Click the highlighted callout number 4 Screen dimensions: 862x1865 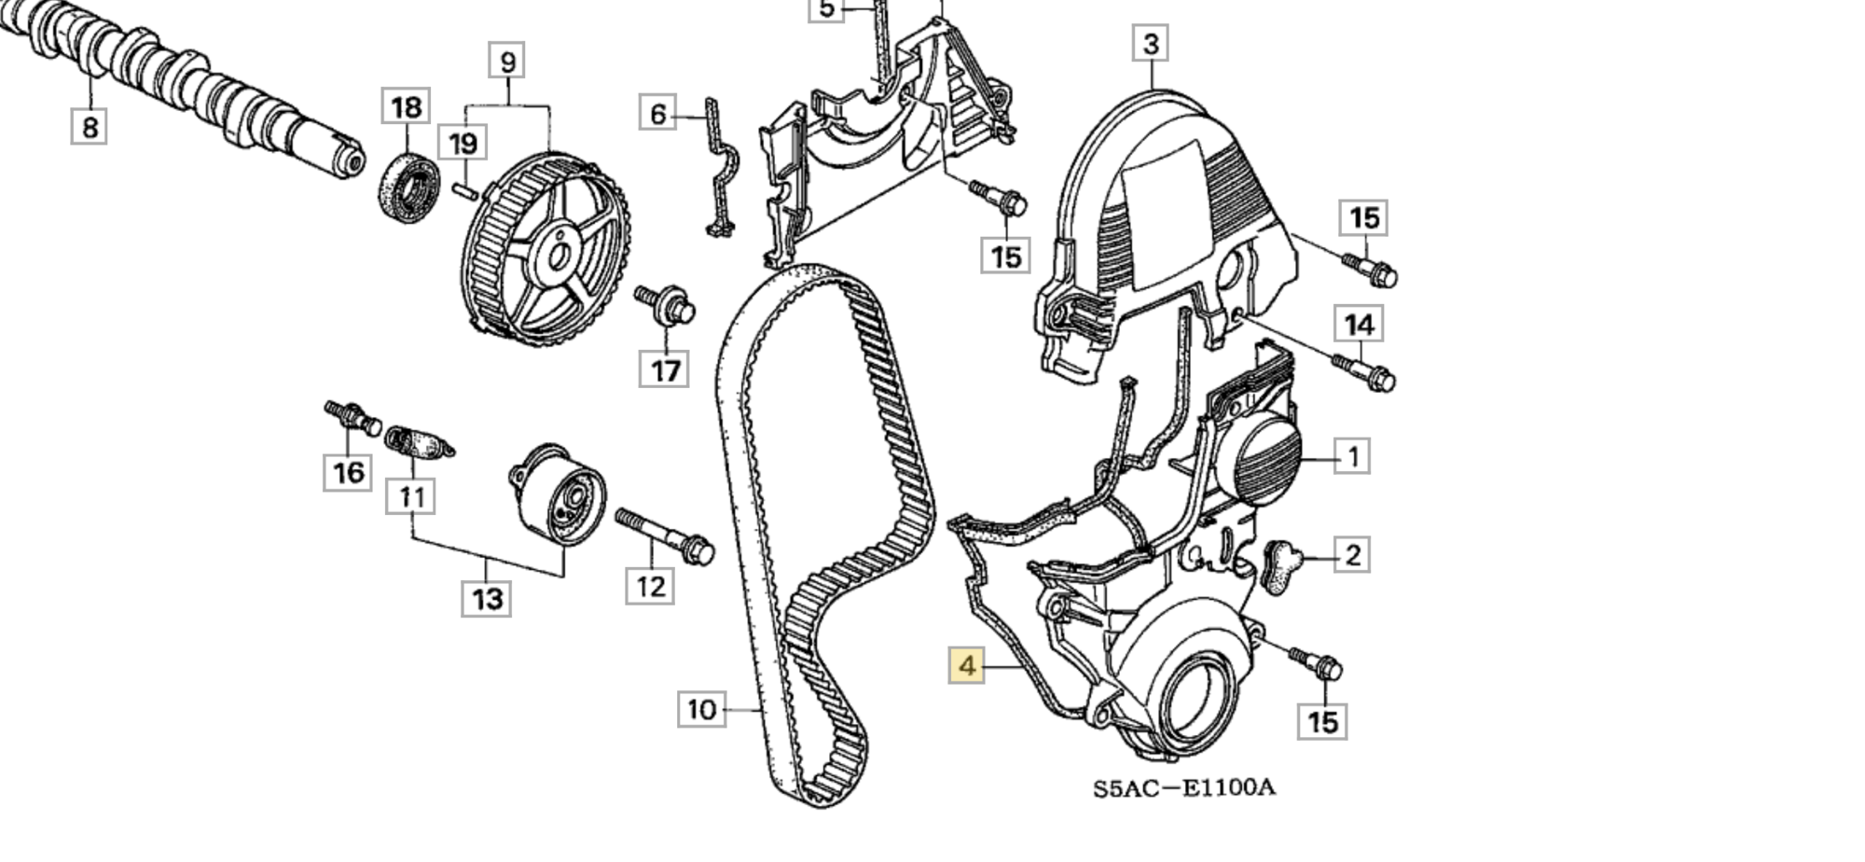point(966,666)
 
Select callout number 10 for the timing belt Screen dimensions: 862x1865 point(701,710)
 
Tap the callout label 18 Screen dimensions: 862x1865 point(406,107)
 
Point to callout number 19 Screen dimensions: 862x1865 point(463,144)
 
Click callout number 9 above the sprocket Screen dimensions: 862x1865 point(507,62)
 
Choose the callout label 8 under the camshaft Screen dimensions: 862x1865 point(90,126)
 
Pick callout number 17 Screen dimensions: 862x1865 point(665,369)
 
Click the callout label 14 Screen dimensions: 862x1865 point(1359,325)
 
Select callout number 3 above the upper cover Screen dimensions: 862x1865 point(1151,44)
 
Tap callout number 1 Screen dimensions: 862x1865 point(1352,456)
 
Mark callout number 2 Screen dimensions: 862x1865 point(1352,555)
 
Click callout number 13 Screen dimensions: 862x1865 point(487,598)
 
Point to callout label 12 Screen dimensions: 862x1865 point(650,586)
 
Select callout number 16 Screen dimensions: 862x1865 point(348,471)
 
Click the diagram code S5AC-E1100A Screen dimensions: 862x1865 point(1183,788)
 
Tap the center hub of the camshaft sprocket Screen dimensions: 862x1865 point(558,256)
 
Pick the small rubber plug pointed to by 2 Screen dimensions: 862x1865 point(1281,565)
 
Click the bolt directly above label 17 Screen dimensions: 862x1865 point(668,306)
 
